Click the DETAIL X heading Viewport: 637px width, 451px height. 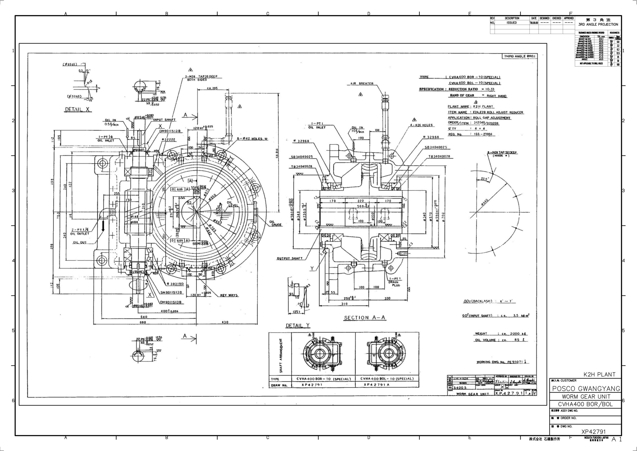point(78,109)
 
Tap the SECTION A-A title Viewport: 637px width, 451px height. point(365,318)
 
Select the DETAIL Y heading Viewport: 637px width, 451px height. point(298,326)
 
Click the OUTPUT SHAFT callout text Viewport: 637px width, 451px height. point(290,258)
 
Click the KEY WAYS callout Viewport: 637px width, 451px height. point(229,295)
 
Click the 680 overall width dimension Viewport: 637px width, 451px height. point(143,322)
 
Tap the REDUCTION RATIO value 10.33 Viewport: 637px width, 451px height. point(489,89)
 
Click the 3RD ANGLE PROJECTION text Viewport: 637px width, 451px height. point(598,24)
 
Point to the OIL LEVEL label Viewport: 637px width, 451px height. point(231,204)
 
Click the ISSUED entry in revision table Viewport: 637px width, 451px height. point(512,23)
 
